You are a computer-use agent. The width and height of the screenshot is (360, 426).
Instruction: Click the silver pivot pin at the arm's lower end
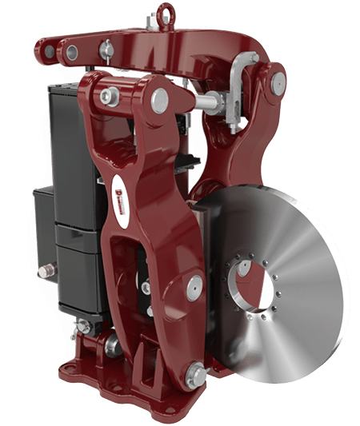(194, 371)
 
